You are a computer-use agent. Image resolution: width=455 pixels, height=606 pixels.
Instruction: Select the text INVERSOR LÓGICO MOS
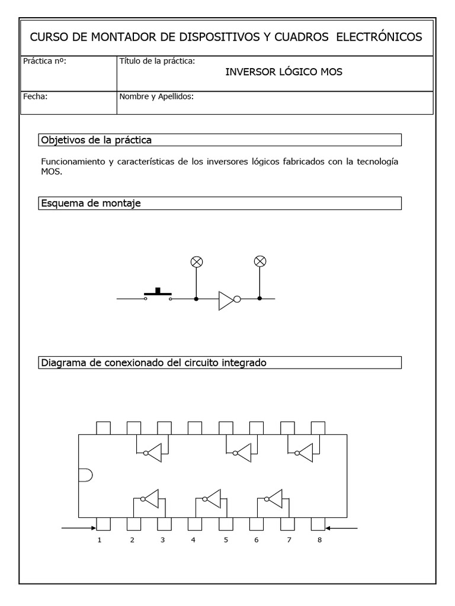click(284, 72)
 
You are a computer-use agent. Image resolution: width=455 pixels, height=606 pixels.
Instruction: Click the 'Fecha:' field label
click(34, 96)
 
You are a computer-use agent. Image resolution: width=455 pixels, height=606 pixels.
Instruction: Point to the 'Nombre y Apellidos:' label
click(156, 96)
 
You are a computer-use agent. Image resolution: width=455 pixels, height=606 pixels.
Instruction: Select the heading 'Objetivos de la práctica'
click(96, 140)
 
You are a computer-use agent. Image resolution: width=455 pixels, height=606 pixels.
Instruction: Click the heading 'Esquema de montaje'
click(91, 204)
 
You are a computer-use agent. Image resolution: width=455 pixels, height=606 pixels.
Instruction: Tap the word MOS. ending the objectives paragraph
click(52, 172)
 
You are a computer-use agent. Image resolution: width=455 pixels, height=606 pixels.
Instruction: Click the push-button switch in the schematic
click(158, 294)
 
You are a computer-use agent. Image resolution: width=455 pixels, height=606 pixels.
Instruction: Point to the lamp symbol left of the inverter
click(196, 261)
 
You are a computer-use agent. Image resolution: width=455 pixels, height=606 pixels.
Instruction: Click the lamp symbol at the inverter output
click(259, 261)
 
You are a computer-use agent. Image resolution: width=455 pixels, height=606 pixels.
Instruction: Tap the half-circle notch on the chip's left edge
click(84, 475)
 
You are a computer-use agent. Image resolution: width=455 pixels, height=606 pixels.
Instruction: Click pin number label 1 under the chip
click(100, 540)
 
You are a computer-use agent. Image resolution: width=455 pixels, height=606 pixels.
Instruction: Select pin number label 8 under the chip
click(319, 540)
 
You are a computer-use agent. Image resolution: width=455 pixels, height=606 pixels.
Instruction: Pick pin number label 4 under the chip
click(193, 540)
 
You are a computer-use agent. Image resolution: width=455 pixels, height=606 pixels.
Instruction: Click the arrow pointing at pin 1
click(78, 527)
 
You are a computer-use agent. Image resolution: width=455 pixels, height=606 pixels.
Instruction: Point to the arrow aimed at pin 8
click(342, 527)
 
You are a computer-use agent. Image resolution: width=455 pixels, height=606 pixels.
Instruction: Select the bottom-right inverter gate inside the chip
click(274, 499)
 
